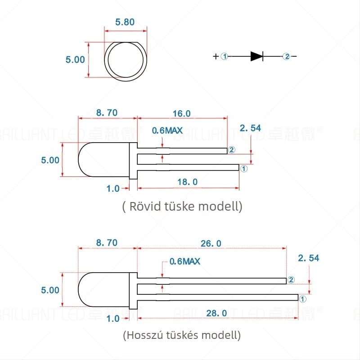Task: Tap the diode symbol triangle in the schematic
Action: (256, 56)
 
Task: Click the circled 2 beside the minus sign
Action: (286, 56)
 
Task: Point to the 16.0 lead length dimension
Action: (182, 113)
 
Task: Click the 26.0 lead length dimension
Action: (212, 243)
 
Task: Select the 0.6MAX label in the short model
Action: (167, 130)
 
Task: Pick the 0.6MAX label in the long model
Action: (184, 261)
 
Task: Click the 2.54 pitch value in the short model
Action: (250, 128)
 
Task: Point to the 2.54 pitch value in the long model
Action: (309, 258)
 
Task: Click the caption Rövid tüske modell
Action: (182, 207)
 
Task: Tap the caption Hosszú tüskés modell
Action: (182, 335)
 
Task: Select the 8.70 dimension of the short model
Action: (107, 113)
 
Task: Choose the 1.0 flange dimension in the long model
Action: (113, 318)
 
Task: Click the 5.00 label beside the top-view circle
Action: (75, 59)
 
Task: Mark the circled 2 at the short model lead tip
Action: (232, 150)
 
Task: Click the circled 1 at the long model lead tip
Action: (302, 298)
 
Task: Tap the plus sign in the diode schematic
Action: (216, 56)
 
